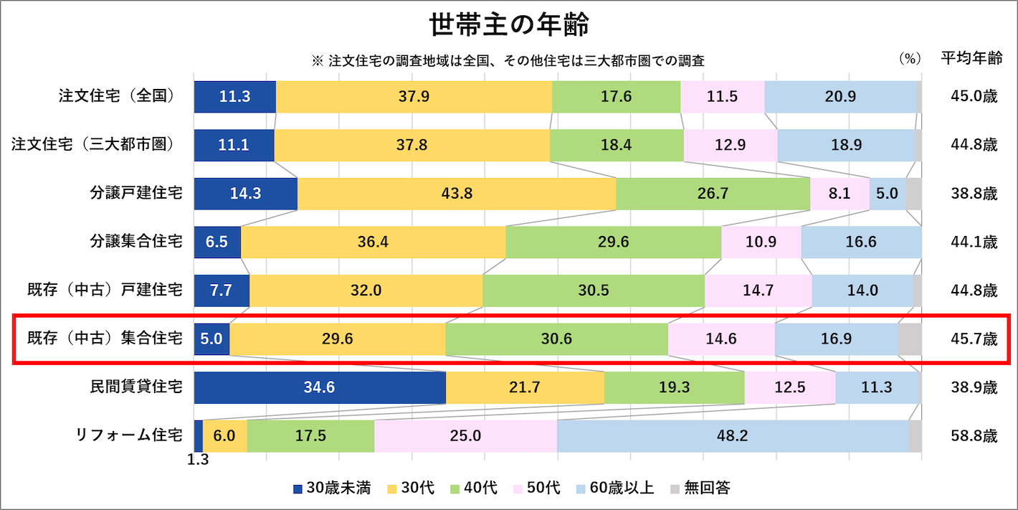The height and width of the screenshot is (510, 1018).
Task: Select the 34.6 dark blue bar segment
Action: click(320, 387)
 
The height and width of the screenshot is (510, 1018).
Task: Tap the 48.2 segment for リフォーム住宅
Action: click(732, 435)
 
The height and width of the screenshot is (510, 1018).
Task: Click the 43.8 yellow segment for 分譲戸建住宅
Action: click(457, 194)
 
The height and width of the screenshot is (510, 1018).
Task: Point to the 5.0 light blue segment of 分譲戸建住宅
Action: click(887, 194)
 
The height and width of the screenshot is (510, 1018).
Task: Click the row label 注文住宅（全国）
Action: click(118, 96)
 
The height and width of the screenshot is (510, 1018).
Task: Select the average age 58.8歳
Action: click(970, 435)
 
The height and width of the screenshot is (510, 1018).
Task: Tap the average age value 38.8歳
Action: click(970, 194)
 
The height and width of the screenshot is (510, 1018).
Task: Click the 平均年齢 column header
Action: click(971, 60)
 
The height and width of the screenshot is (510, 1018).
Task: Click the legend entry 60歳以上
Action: click(614, 488)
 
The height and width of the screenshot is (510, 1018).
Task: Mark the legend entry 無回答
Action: click(700, 488)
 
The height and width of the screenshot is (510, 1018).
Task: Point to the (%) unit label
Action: click(910, 60)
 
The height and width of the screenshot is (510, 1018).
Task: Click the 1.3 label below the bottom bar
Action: click(198, 461)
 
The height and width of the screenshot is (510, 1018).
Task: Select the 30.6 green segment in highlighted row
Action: click(556, 339)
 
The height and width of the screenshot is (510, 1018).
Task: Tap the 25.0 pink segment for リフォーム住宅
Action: click(465, 435)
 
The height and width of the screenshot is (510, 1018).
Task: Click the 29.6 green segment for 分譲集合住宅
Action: click(613, 242)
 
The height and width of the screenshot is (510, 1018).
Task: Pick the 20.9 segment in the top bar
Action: click(840, 96)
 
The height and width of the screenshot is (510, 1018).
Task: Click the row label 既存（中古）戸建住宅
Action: click(104, 291)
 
